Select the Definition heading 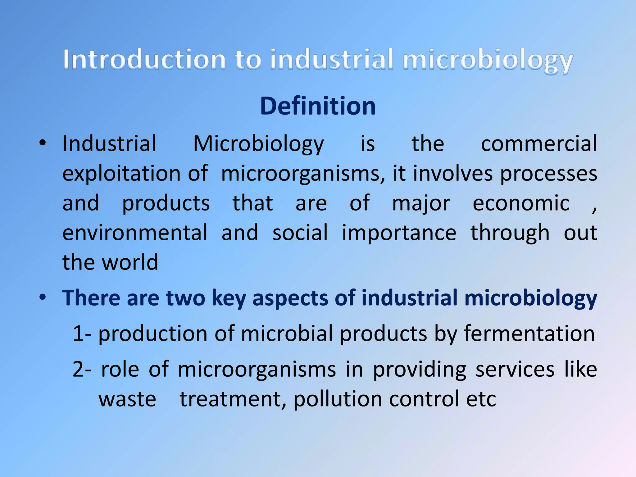click(x=318, y=106)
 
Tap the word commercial click(x=539, y=143)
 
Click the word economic click(x=521, y=203)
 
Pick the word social click(x=300, y=233)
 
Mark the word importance click(x=399, y=233)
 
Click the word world click(x=130, y=262)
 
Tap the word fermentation click(x=529, y=334)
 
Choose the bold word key click(x=229, y=298)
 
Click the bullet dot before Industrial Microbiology click(x=43, y=143)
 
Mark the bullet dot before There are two click(x=43, y=297)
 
